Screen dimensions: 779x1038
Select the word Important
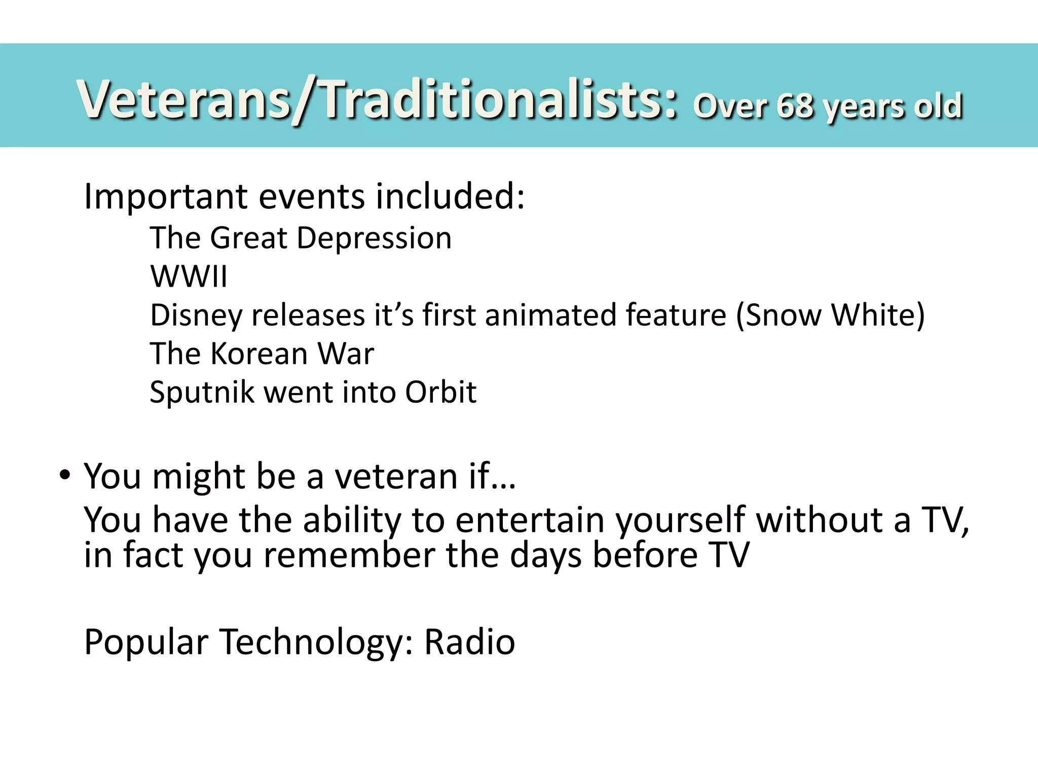[167, 197]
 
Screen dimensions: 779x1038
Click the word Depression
[374, 238]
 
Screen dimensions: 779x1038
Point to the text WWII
[189, 277]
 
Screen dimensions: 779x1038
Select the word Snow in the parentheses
[783, 315]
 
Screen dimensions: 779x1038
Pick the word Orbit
[440, 392]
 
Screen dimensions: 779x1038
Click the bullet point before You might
[64, 476]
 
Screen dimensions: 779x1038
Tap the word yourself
[680, 521]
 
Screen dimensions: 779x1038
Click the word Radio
[469, 642]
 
